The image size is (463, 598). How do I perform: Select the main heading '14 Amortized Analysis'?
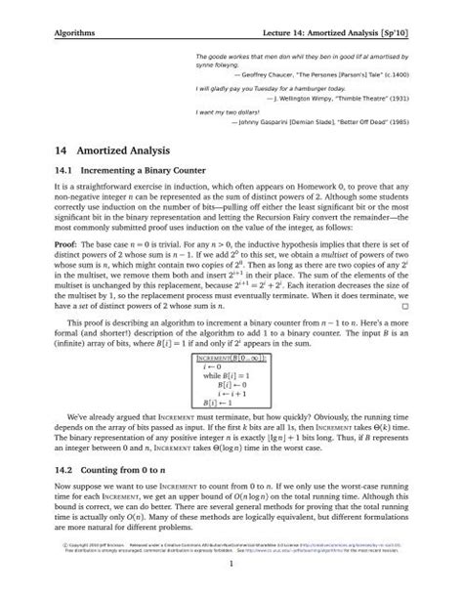[112, 152]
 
